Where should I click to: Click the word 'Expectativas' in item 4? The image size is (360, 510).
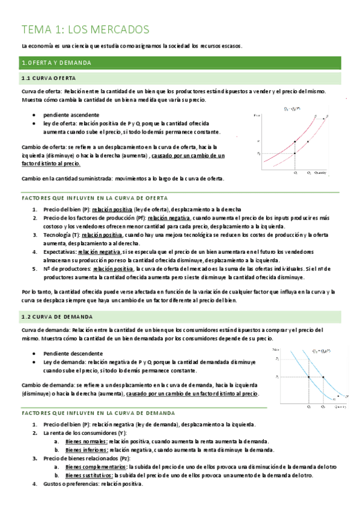[x=59, y=250]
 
